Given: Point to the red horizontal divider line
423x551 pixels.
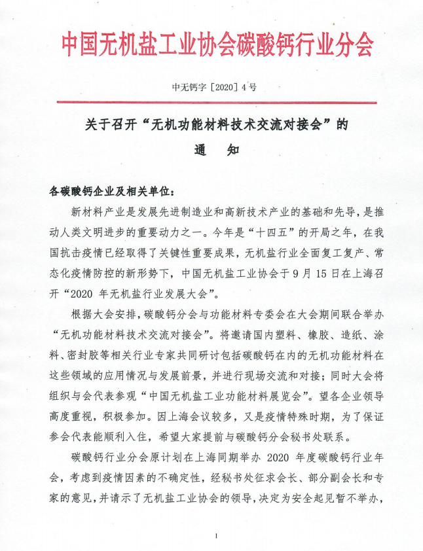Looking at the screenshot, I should (211, 101).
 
